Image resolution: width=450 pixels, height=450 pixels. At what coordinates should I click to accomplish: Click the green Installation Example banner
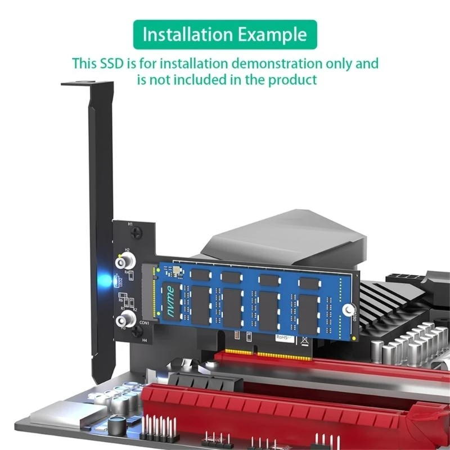point(225,34)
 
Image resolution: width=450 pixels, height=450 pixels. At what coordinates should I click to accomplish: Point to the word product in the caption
point(291,79)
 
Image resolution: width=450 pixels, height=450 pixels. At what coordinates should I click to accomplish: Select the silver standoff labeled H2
point(124,262)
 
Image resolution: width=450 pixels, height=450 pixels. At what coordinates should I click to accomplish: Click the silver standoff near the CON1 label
point(124,321)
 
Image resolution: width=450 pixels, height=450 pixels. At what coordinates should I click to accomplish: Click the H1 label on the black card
point(130,224)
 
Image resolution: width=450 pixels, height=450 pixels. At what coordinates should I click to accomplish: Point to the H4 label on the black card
point(145,340)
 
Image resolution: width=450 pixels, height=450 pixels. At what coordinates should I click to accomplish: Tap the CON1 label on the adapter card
point(145,323)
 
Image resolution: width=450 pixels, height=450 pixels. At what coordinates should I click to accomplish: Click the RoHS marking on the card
point(282,337)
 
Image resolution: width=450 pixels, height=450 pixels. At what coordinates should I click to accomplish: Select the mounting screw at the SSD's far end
point(349,310)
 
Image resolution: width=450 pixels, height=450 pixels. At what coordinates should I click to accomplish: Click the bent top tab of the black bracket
point(87,85)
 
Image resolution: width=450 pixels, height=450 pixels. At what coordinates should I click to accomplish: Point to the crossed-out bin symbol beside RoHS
point(304,339)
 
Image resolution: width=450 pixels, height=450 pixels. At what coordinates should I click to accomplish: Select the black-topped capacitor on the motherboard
point(118,422)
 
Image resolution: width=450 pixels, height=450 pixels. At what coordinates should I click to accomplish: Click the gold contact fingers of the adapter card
point(270,353)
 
